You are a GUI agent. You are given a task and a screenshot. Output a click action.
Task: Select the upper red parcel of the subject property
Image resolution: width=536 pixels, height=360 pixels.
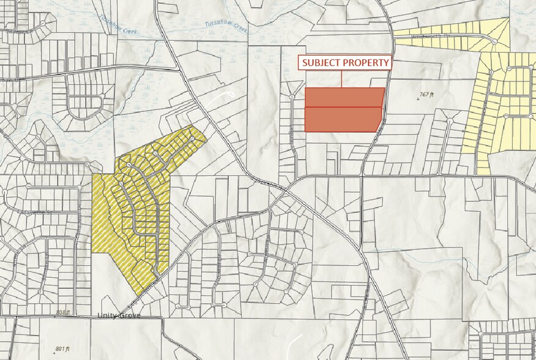[x=344, y=98]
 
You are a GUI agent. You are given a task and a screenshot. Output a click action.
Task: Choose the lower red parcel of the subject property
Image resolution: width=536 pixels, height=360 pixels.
[x=343, y=119]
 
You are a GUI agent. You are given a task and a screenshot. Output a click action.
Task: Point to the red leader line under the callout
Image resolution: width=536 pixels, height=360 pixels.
[x=341, y=79]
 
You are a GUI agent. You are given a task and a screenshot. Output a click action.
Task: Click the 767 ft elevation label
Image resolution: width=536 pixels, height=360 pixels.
[x=426, y=95]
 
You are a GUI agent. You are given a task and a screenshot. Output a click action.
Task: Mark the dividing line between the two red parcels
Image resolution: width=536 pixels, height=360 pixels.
[x=344, y=108]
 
